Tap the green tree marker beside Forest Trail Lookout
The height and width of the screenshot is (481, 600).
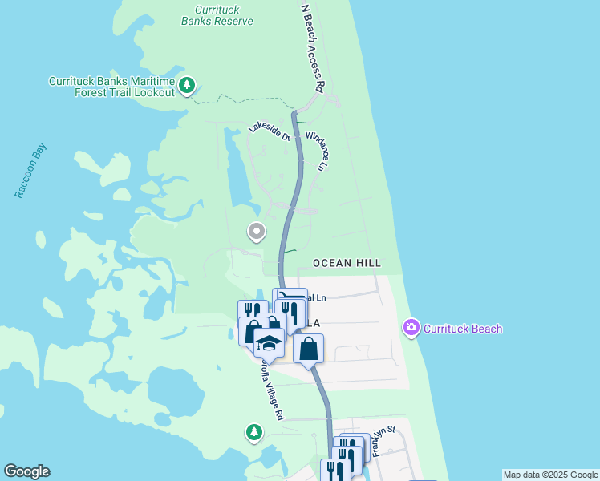tap(187, 85)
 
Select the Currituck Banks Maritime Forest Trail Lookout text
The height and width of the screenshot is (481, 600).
tap(111, 87)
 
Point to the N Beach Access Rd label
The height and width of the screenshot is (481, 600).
tap(312, 47)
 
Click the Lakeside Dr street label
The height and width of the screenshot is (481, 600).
tap(269, 129)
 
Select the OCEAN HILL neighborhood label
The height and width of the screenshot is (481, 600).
tap(346, 263)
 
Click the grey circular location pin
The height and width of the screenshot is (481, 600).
tap(256, 232)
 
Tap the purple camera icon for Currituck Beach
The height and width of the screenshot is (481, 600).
tap(411, 327)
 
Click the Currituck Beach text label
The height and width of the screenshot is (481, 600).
tap(463, 329)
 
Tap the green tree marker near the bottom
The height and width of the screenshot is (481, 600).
tap(254, 432)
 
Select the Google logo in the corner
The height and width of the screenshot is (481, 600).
tap(26, 471)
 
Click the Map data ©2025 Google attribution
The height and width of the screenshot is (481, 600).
tap(549, 475)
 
